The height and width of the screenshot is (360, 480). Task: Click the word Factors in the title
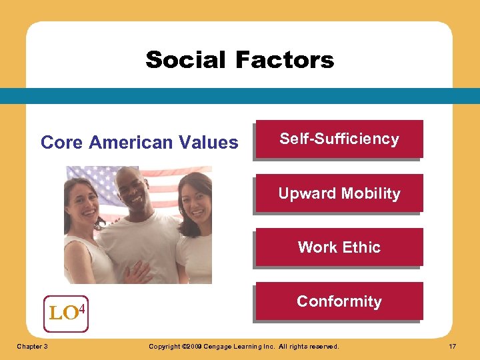[285, 60]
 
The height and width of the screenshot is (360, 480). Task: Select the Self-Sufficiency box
[339, 139]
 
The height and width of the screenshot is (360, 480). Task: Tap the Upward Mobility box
[339, 193]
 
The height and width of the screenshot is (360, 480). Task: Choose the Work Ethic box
[339, 247]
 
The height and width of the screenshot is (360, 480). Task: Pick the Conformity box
[339, 301]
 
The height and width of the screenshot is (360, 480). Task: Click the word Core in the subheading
[62, 143]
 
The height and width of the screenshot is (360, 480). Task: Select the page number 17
[453, 347]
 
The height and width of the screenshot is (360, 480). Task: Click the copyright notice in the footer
[243, 347]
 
